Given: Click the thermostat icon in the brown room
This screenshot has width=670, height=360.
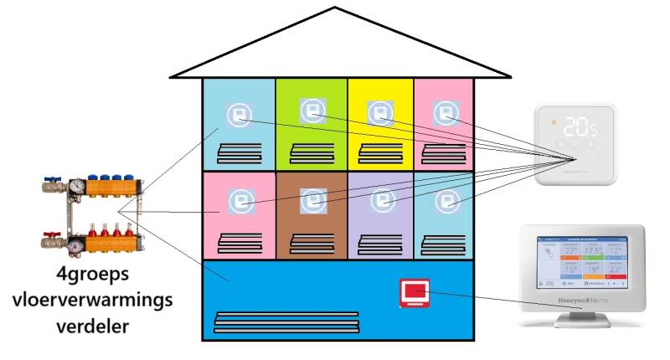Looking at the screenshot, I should tap(312, 202).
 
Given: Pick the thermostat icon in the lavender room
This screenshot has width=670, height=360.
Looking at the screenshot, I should tap(382, 202).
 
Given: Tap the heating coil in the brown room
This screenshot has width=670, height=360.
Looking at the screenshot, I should tap(312, 243).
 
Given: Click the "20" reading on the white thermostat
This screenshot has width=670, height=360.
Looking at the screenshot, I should tap(575, 127).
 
